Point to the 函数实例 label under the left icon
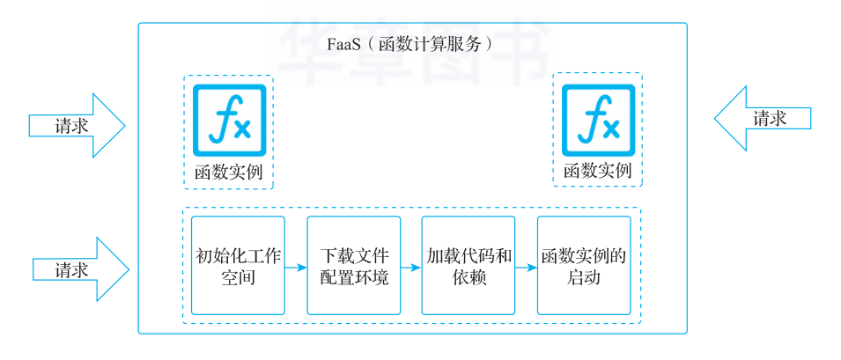[x=229, y=171]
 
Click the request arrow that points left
[x=761, y=118]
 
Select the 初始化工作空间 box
[x=238, y=265]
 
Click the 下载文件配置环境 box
[x=354, y=265]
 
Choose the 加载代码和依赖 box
[x=468, y=265]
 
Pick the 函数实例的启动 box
[x=583, y=265]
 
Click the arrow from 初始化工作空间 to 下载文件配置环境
[x=296, y=266]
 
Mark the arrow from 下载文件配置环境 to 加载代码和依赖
[x=411, y=266]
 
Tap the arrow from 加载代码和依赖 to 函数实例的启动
[x=526, y=266]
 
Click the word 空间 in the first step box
[x=238, y=278]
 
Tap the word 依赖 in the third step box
[x=468, y=278]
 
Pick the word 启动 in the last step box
[x=583, y=278]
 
